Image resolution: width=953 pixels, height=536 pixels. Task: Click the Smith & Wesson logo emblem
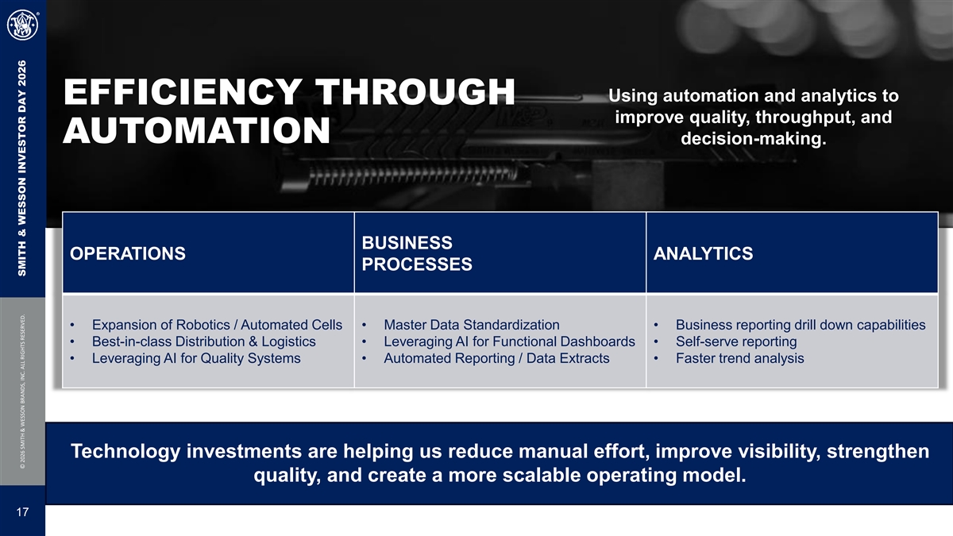point(22,25)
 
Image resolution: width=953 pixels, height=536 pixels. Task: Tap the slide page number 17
point(22,511)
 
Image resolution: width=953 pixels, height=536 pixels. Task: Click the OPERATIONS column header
point(128,253)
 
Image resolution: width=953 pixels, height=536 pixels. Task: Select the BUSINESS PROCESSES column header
point(417,253)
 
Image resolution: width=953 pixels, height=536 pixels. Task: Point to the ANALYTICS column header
point(704,253)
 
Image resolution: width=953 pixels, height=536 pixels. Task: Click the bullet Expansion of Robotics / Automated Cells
point(217,325)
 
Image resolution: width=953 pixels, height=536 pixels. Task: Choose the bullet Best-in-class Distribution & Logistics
point(204,341)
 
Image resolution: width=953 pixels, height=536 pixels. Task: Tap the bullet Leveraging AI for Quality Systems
point(196,358)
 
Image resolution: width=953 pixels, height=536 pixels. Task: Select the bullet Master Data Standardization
point(472,325)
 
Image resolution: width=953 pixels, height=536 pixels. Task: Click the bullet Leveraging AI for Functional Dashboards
point(509,341)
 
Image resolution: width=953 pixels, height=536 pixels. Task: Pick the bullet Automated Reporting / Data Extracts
point(496,358)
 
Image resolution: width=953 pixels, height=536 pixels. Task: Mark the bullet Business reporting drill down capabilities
point(801,325)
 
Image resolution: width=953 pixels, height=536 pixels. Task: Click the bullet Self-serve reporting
point(736,341)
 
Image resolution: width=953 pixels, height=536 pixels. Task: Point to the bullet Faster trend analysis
point(740,358)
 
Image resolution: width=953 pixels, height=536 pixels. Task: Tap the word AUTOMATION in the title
point(197,130)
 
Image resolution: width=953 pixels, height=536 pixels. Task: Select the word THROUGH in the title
point(415,91)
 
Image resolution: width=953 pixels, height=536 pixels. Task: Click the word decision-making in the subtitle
point(753,139)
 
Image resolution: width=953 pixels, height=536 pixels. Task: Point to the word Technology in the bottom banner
point(125,451)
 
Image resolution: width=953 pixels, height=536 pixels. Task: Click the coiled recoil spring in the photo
point(413,175)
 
